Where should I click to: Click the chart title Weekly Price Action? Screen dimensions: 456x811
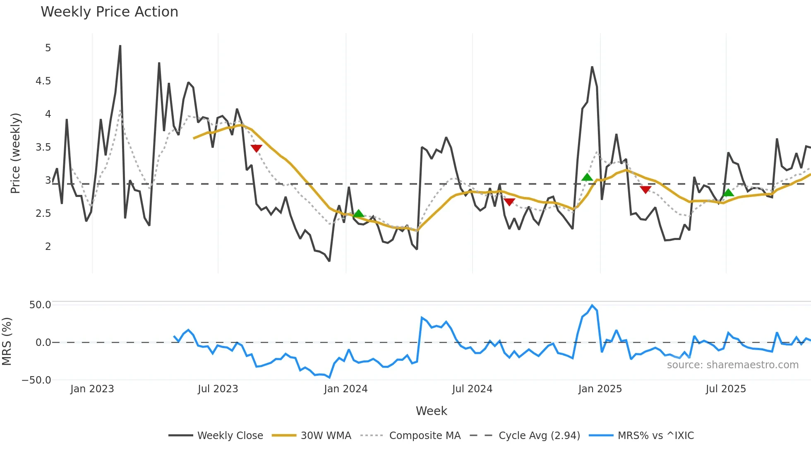click(x=109, y=12)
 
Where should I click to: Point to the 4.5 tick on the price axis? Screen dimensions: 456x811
click(x=43, y=81)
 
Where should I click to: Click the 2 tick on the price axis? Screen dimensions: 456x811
click(x=48, y=247)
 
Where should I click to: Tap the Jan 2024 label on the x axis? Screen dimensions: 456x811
click(x=346, y=389)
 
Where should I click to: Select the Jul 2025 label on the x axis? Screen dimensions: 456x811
click(x=725, y=389)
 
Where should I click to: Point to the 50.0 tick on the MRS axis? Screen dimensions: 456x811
click(x=40, y=305)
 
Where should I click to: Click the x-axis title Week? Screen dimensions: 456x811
click(x=431, y=411)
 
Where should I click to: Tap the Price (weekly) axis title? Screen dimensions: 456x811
click(x=15, y=153)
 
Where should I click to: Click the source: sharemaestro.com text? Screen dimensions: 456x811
click(x=732, y=365)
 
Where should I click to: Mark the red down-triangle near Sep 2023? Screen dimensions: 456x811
click(x=256, y=148)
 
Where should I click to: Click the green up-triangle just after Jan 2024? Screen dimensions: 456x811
click(x=358, y=214)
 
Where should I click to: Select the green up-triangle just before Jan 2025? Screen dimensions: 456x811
click(x=587, y=178)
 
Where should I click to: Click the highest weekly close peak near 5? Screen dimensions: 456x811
click(x=120, y=46)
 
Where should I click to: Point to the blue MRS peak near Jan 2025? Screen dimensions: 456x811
click(x=592, y=306)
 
